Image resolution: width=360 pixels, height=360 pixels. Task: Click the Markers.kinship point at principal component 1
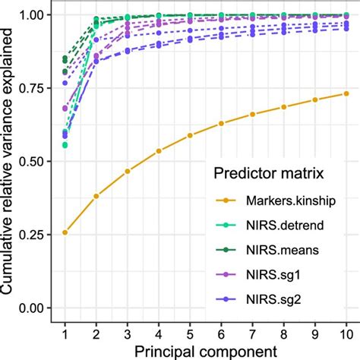[x=65, y=232]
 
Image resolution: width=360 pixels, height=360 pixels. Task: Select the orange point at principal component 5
[x=190, y=136]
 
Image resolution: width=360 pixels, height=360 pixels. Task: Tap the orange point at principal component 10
[x=346, y=93]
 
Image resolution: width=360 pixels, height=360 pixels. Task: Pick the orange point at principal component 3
[x=128, y=171]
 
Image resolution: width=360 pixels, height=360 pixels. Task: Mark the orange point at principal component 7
[x=252, y=115]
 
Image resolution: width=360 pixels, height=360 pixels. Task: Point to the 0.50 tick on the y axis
[x=34, y=161]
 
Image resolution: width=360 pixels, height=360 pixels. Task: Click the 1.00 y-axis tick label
[x=34, y=15]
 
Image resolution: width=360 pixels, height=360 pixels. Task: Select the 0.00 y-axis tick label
[x=34, y=308]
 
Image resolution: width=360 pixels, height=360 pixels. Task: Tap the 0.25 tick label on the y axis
[x=34, y=235]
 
